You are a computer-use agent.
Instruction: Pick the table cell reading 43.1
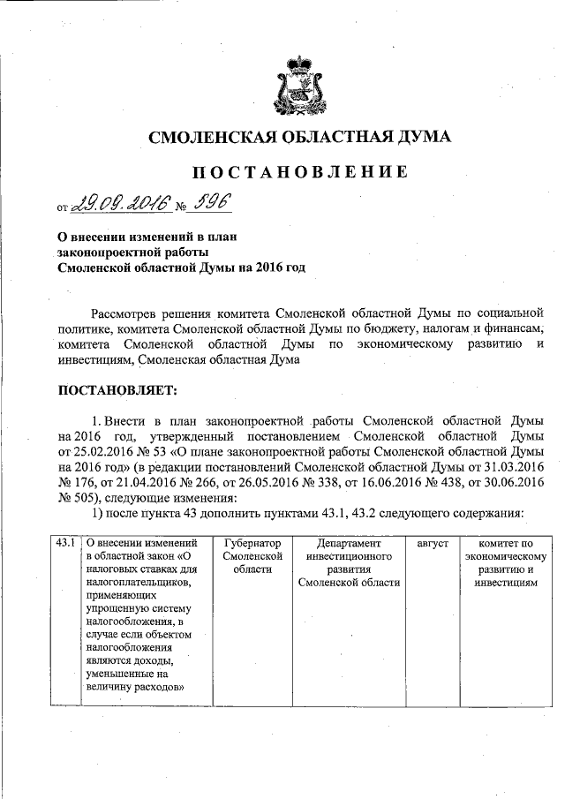(64, 545)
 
